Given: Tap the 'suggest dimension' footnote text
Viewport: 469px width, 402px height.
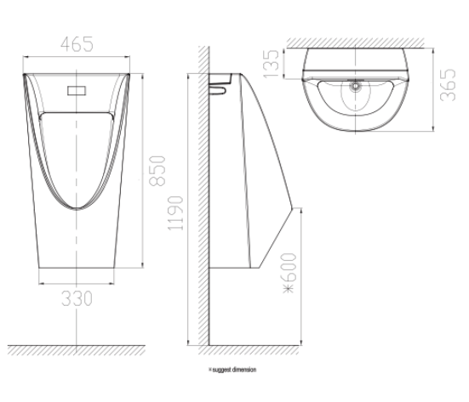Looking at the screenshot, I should (232, 370).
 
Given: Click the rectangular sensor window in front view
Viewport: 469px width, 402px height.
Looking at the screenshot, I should (79, 88).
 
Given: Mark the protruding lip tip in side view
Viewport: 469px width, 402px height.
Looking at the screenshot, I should (297, 207).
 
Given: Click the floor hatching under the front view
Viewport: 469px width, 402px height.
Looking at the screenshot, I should (79, 351).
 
